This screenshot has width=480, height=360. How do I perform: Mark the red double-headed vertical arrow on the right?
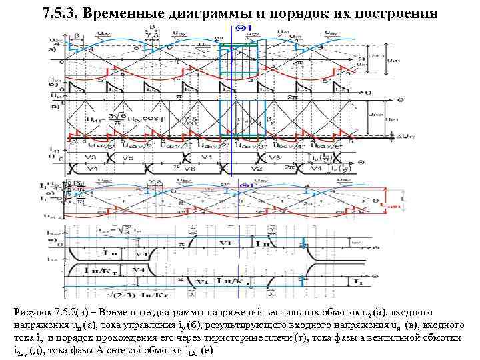pyautogui.click(x=405, y=198)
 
